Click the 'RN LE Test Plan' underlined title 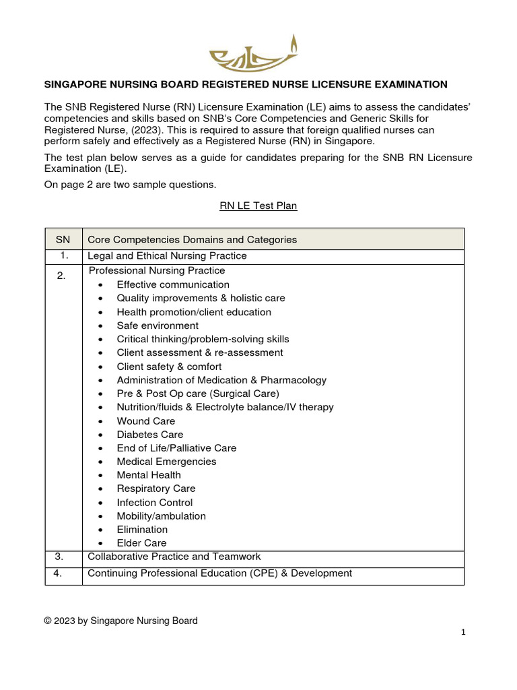pyautogui.click(x=258, y=206)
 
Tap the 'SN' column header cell pyautogui.click(x=63, y=239)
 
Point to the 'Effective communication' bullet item pyautogui.click(x=173, y=284)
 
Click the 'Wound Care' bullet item pyautogui.click(x=146, y=421)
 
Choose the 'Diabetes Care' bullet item pyautogui.click(x=150, y=435)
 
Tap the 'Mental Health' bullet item pyautogui.click(x=149, y=475)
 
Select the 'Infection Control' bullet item pyautogui.click(x=155, y=503)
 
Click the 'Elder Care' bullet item pyautogui.click(x=141, y=543)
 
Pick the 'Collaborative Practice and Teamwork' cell pyautogui.click(x=174, y=557)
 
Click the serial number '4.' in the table pyautogui.click(x=63, y=573)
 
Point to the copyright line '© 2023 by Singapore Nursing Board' pyautogui.click(x=121, y=621)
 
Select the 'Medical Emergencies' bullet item pyautogui.click(x=166, y=462)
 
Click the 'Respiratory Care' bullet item pyautogui.click(x=156, y=489)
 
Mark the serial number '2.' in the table pyautogui.click(x=61, y=276)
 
